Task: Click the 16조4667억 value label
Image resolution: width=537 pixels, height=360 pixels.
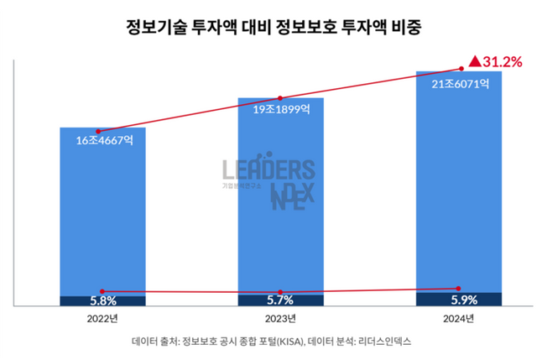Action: point(104,141)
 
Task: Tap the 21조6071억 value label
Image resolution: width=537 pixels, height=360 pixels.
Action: point(458,85)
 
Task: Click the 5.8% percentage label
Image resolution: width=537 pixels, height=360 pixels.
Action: point(102,300)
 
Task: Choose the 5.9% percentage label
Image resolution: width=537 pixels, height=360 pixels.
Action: point(458,300)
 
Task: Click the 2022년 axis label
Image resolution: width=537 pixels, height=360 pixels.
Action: point(102,319)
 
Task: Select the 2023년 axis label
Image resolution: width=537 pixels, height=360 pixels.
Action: point(280,319)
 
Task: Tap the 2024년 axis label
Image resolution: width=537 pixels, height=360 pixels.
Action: point(458,319)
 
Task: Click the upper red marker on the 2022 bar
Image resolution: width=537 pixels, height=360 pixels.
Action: point(99,132)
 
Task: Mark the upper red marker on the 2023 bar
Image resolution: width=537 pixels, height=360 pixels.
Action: point(280,98)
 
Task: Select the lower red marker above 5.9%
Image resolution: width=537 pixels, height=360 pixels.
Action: point(458,288)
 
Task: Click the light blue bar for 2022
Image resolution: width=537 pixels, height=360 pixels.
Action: point(102,218)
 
